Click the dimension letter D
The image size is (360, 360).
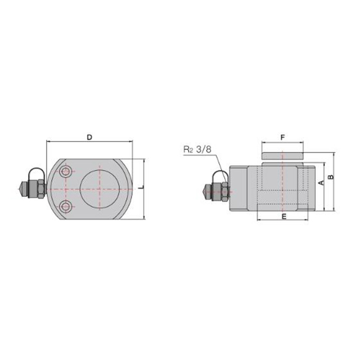tap(89, 137)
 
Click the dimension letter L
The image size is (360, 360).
tap(142, 187)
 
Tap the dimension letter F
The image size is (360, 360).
tap(283, 137)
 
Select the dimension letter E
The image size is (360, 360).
tap(284, 217)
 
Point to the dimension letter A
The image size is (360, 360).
tap(322, 183)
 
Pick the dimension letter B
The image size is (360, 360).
tap(331, 177)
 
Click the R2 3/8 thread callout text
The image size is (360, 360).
tap(197, 150)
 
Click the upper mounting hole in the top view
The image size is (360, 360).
tap(66, 171)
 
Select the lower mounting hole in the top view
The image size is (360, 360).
tap(66, 206)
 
